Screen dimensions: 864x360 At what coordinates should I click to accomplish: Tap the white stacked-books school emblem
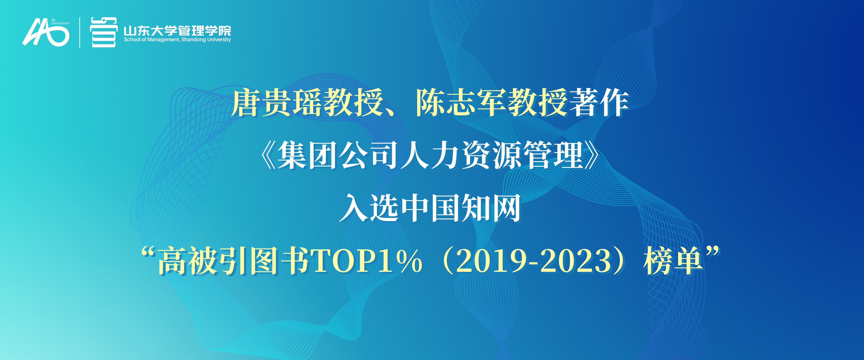pyautogui.click(x=104, y=32)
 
